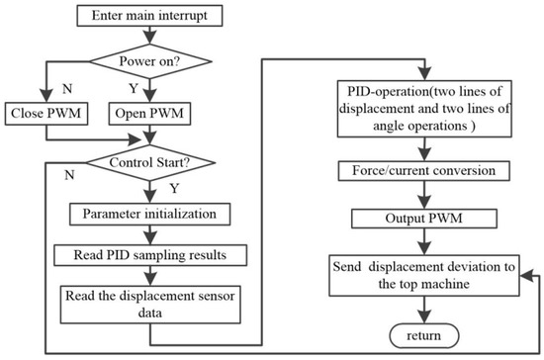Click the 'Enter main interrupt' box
tap(149, 16)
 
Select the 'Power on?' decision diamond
tap(150, 61)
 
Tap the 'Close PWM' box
tap(46, 114)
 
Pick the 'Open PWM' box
tap(150, 114)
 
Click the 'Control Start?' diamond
tap(150, 162)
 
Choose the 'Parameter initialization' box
tap(150, 214)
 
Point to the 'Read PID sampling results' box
tap(150, 255)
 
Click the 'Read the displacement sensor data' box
tap(150, 305)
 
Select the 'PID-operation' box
tap(424, 109)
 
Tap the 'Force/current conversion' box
tap(424, 171)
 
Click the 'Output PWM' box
tap(424, 219)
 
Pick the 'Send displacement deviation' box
tap(424, 276)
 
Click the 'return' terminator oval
tap(424, 335)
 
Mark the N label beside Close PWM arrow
tap(67, 89)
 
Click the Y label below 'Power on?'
tap(134, 89)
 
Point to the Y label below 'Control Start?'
tap(174, 188)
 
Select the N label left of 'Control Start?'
tap(69, 175)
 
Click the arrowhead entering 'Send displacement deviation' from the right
tap(526, 276)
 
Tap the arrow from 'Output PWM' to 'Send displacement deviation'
tap(424, 241)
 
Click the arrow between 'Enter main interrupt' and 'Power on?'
tap(150, 35)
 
